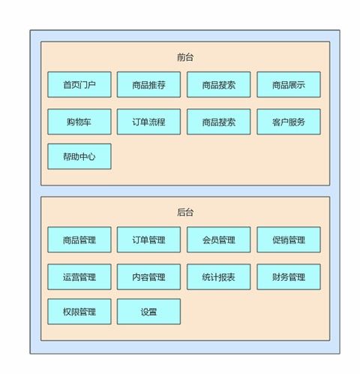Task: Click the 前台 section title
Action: tap(185, 57)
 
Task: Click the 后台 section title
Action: tap(185, 213)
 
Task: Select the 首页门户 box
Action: tap(79, 85)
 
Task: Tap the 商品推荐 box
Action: tap(148, 85)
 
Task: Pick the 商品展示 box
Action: tap(289, 85)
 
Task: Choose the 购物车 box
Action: tap(79, 122)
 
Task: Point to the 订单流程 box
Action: tap(148, 122)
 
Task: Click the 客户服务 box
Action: tap(289, 122)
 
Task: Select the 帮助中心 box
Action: tap(79, 156)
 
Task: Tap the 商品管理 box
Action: tap(79, 240)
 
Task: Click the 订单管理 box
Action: tap(148, 240)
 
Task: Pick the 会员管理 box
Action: tap(219, 240)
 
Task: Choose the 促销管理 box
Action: tap(289, 240)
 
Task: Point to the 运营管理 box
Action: tap(79, 277)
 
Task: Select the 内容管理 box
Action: tap(148, 277)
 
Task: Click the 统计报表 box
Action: tap(219, 277)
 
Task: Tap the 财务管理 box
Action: tap(289, 277)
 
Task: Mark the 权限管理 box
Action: tap(79, 312)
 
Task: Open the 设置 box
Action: tap(148, 312)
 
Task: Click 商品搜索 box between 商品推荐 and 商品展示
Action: tap(219, 85)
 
